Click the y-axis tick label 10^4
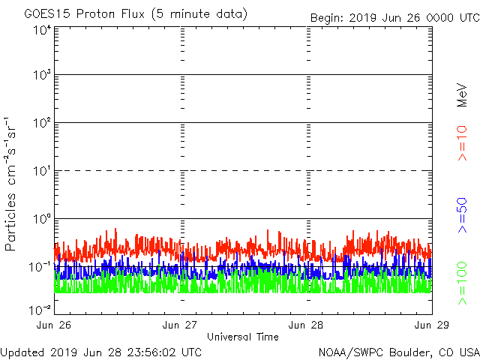coord(41,30)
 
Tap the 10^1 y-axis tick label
coord(41,172)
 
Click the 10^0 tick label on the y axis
coord(41,219)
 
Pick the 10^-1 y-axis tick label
coord(40,266)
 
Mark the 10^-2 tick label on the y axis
coord(40,308)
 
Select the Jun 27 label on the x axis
coord(181,325)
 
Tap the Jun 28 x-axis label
coord(307,325)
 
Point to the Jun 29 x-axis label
coord(431,325)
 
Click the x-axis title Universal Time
coord(243,337)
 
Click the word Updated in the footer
coord(22,352)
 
